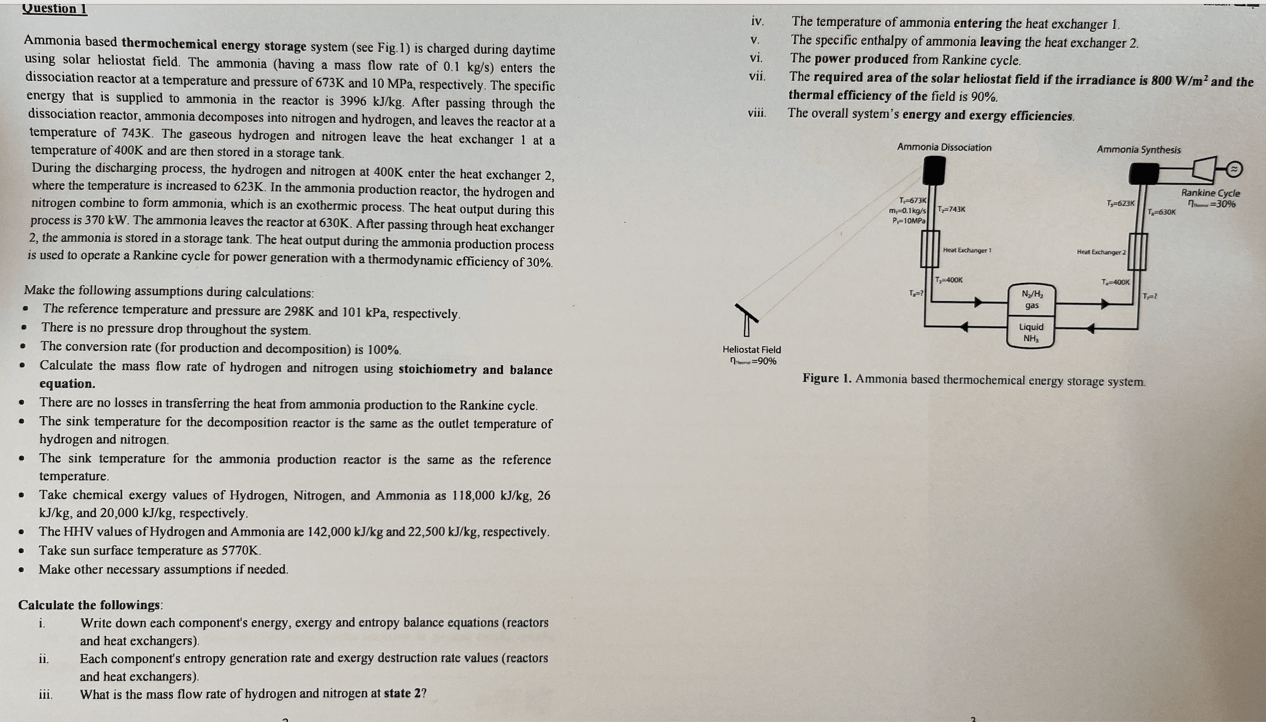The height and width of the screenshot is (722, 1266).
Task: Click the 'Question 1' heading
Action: coord(55,9)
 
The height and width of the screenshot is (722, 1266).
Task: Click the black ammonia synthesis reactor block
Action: coord(1144,174)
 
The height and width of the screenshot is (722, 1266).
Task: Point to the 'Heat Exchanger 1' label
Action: coord(967,250)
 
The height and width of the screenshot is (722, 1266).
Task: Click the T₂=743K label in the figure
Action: coord(951,209)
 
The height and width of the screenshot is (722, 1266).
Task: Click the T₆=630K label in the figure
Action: coord(1161,212)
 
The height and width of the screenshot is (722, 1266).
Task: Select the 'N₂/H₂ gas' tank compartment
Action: coord(1031,300)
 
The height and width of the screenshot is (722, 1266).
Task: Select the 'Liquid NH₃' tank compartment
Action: coord(1031,333)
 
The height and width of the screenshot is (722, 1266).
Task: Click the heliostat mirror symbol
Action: coord(747,313)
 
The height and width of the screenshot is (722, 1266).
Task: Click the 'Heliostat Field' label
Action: coord(751,349)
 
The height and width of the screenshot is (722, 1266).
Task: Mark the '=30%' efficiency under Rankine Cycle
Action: coord(1222,204)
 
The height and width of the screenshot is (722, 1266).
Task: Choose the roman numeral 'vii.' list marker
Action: coord(757,77)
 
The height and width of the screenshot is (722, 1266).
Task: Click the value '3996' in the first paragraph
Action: coord(353,101)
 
